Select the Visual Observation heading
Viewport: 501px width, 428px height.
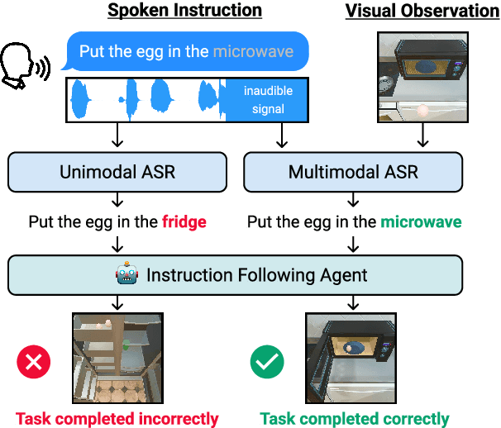(422, 11)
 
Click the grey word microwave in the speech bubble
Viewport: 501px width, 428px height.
(253, 51)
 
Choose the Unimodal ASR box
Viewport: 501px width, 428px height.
(117, 172)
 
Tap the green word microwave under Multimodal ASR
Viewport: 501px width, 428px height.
(420, 221)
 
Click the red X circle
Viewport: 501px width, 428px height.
(34, 361)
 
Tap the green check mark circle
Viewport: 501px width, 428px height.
(267, 361)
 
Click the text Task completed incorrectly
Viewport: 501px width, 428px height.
(117, 418)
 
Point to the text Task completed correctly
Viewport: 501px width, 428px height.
(355, 418)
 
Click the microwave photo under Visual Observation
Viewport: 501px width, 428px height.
(422, 75)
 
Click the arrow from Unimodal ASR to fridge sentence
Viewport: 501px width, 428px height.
(122, 201)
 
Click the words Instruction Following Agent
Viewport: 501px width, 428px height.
(257, 274)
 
